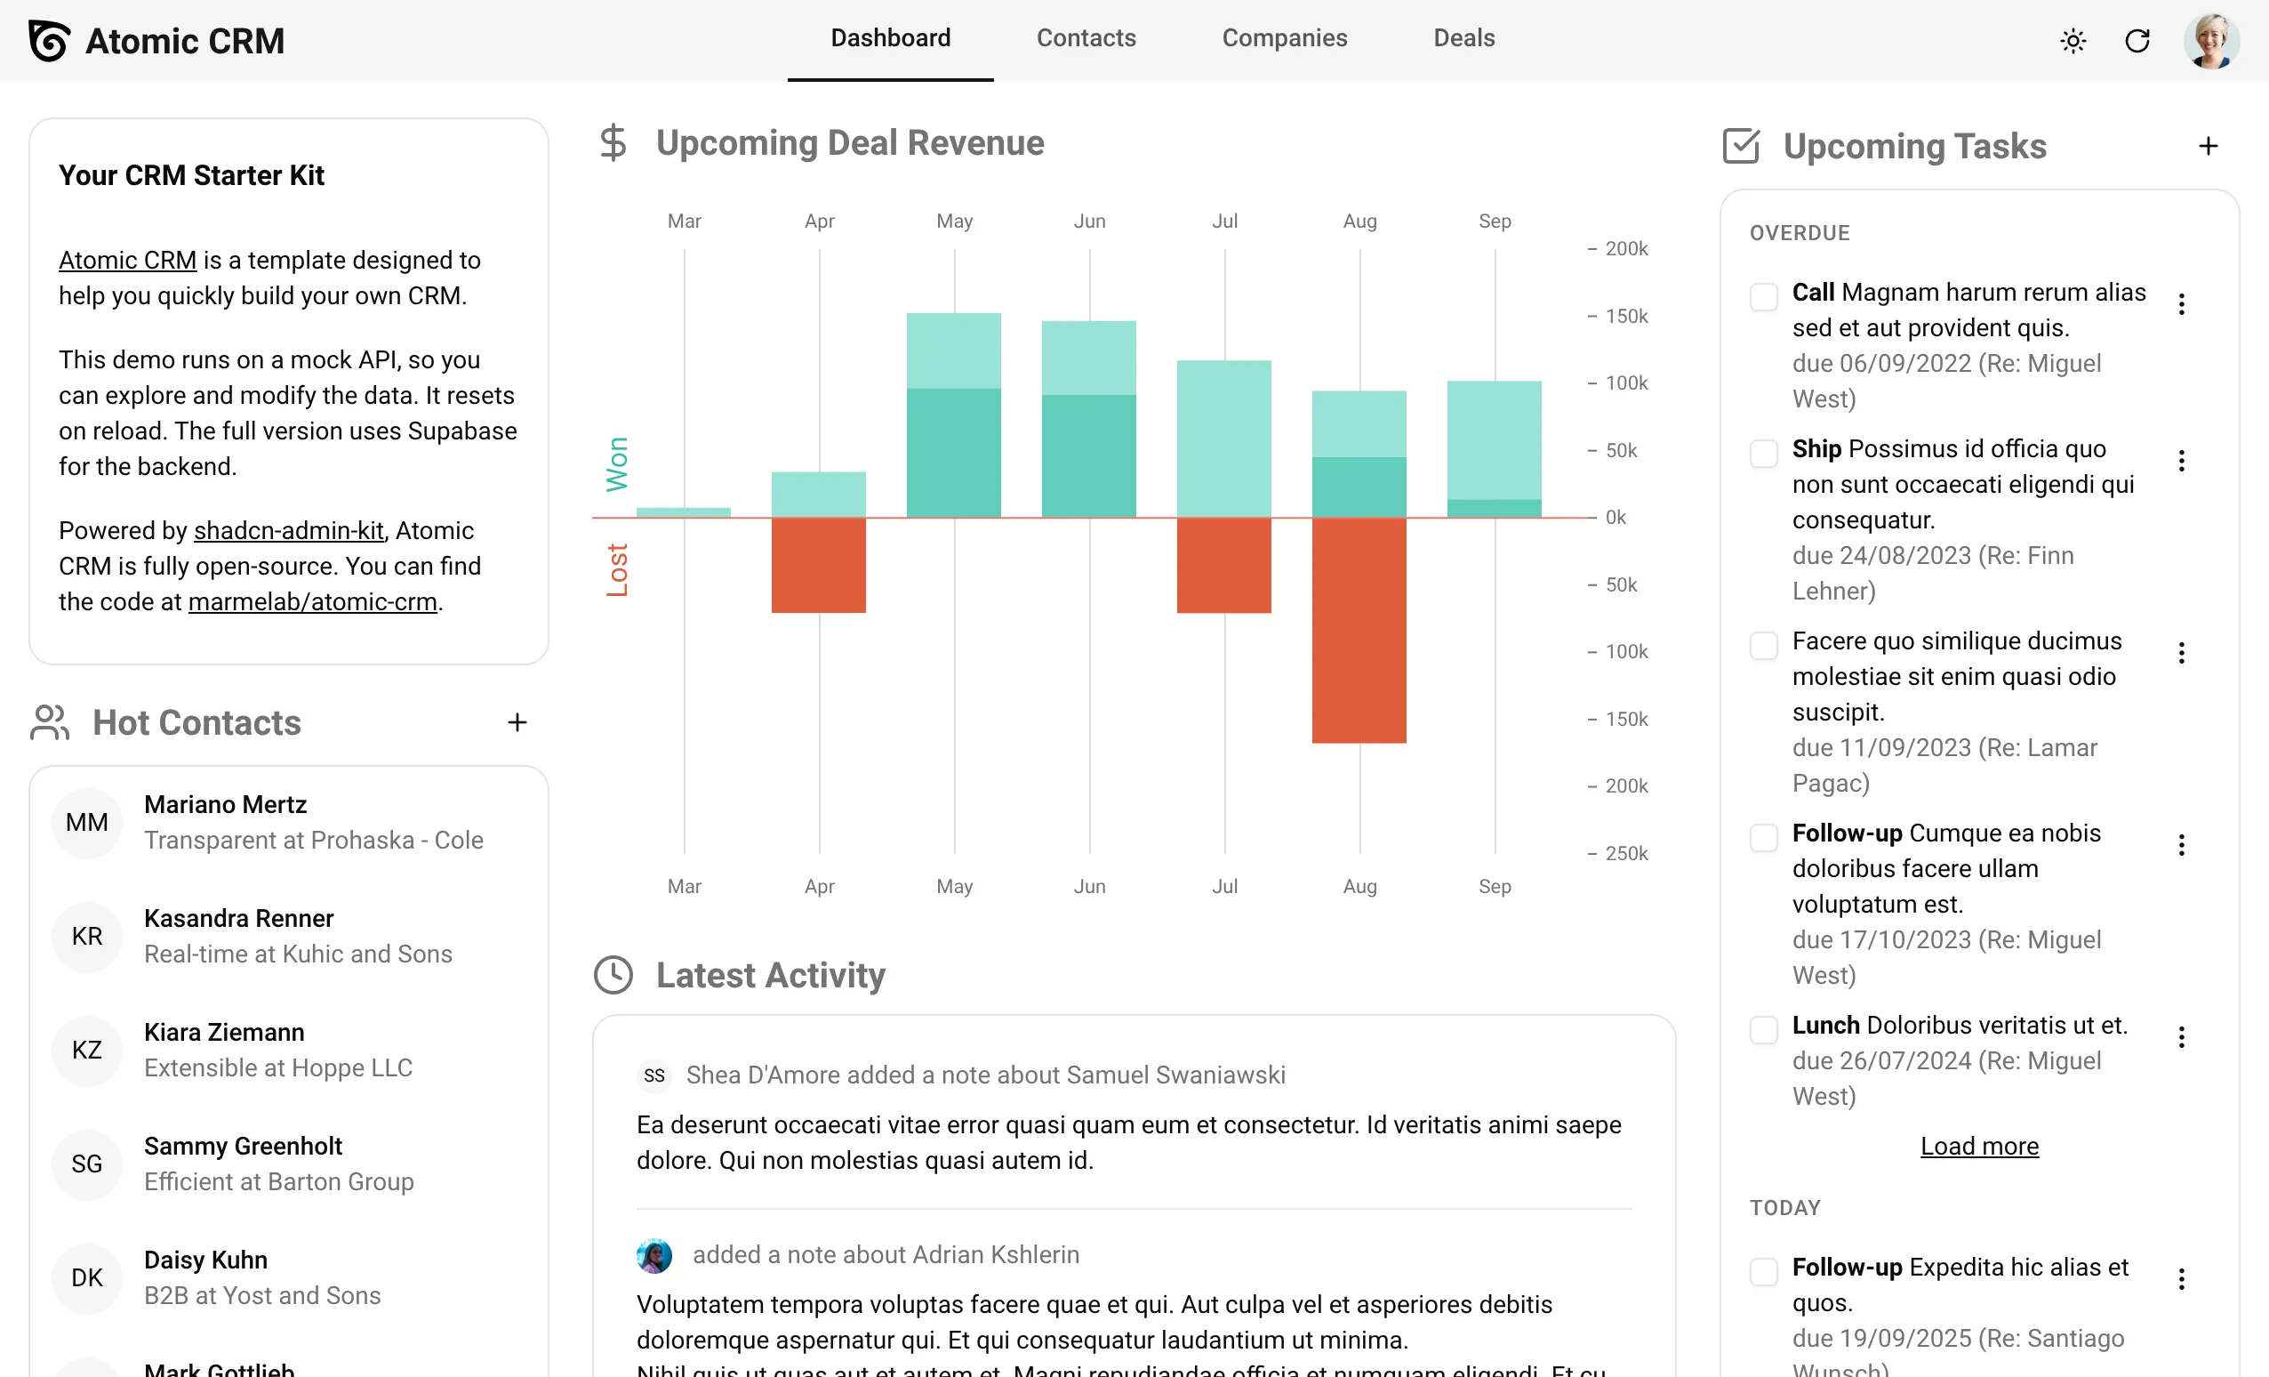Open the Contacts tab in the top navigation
click(1086, 37)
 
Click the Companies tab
click(1284, 37)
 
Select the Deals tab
click(1463, 37)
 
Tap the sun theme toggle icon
click(2073, 41)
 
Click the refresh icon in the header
click(2137, 41)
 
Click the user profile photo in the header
click(2210, 41)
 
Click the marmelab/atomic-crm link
click(312, 601)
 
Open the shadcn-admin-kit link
click(288, 530)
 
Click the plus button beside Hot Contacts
click(517, 722)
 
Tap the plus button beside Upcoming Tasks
click(2208, 146)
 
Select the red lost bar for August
click(1359, 630)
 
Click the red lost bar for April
click(818, 565)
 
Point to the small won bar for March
click(683, 512)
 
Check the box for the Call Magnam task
click(1762, 296)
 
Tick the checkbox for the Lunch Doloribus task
click(1762, 1030)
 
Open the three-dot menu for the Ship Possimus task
click(2181, 461)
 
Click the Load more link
click(1979, 1146)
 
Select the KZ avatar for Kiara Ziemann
click(86, 1050)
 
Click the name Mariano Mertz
click(226, 804)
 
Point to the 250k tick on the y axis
click(1625, 853)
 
